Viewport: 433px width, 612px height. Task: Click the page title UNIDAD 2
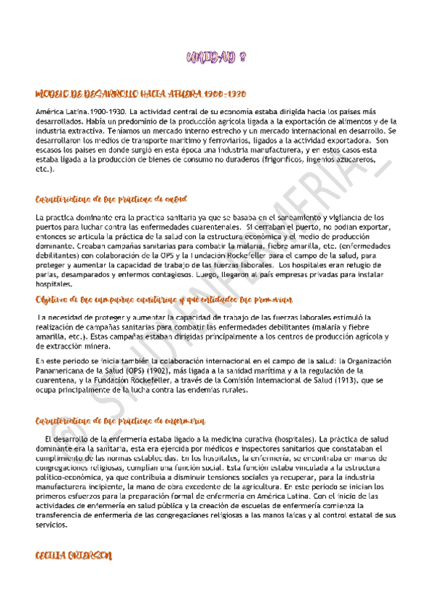(x=216, y=60)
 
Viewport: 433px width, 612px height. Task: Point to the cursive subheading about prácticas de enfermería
(x=119, y=420)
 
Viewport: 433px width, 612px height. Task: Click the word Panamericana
(x=65, y=371)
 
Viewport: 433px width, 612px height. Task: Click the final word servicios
(x=51, y=525)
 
